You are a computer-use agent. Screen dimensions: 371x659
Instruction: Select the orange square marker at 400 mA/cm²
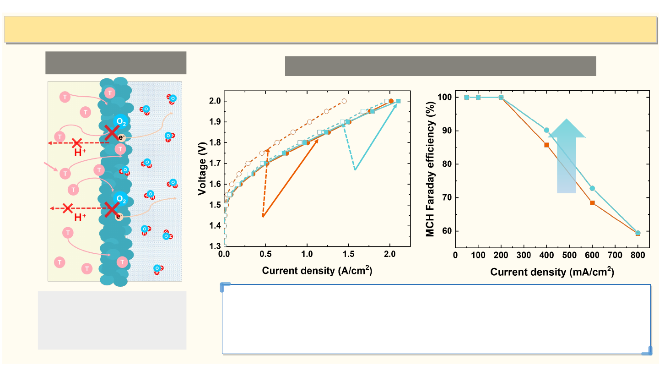click(546, 145)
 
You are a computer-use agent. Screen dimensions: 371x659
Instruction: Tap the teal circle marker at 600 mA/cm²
click(592, 188)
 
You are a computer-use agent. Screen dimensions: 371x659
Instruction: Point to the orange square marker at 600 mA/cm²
click(592, 202)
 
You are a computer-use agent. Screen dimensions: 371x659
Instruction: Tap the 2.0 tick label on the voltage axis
click(215, 101)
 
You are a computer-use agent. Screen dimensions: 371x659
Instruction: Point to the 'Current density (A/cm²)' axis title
click(317, 271)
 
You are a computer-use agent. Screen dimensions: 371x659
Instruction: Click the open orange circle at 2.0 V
click(344, 101)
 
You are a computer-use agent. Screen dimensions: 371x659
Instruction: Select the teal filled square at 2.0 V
click(398, 101)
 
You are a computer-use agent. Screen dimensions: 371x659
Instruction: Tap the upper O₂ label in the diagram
click(121, 121)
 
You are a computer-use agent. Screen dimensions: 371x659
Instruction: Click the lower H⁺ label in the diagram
click(80, 217)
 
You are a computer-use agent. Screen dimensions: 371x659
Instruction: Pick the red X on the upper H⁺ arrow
click(77, 143)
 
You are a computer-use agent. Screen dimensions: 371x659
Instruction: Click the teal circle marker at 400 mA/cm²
click(546, 130)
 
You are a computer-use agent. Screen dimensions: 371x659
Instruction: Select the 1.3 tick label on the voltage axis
click(215, 246)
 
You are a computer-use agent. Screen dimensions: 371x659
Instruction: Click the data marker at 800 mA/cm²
click(638, 233)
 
